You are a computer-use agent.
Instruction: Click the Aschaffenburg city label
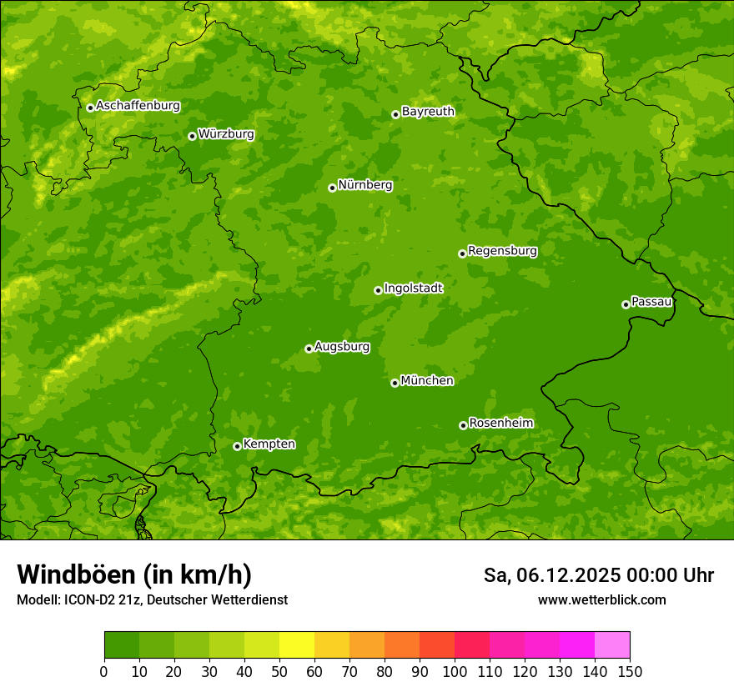(x=138, y=106)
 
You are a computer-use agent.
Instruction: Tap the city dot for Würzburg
(x=192, y=136)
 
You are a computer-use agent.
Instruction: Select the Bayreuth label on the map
(x=428, y=111)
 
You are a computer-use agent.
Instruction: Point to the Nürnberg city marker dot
(x=332, y=188)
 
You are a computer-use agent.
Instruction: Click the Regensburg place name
(x=502, y=250)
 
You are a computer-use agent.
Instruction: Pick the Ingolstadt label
(x=413, y=288)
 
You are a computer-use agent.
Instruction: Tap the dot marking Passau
(x=626, y=304)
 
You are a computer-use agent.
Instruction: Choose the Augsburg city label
(x=342, y=346)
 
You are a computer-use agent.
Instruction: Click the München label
(x=427, y=380)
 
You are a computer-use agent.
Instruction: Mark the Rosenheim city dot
(x=463, y=425)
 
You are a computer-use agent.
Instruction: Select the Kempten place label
(x=269, y=444)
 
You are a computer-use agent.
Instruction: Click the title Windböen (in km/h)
(x=133, y=574)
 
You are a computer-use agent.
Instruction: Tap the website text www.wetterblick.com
(x=601, y=599)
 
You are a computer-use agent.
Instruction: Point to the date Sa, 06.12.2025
(x=551, y=575)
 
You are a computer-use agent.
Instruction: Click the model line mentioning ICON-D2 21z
(x=152, y=599)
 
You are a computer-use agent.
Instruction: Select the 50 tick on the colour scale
(x=279, y=670)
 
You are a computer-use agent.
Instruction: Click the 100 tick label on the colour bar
(x=455, y=670)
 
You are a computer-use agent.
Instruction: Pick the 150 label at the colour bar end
(x=629, y=670)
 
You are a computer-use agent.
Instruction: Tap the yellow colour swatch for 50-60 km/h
(x=297, y=645)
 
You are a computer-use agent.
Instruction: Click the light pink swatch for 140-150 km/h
(x=612, y=645)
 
